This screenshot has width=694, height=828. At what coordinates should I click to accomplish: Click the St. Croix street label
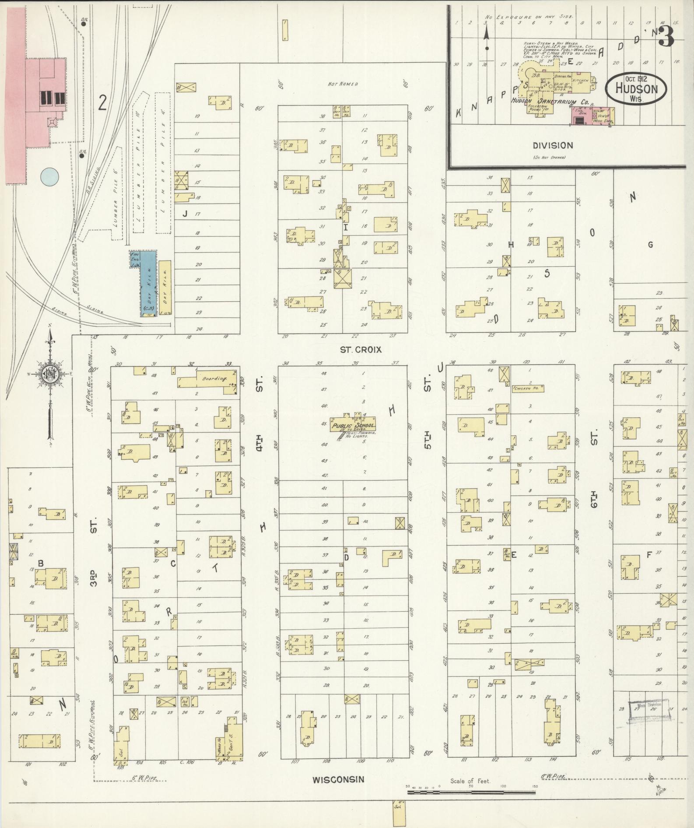coord(361,349)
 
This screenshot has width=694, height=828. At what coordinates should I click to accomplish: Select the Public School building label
coord(354,426)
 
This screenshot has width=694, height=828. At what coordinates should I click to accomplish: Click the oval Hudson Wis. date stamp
coord(636,88)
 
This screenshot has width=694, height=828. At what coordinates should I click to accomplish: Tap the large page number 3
coord(665,37)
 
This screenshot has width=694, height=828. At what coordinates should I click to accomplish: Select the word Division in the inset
coord(553,145)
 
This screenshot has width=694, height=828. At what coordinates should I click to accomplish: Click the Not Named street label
coord(343,84)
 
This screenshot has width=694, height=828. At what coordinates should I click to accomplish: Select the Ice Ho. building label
coord(185,701)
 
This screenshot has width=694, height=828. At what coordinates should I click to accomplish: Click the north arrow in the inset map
coord(486,37)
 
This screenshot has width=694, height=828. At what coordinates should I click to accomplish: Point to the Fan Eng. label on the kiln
coord(134,259)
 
